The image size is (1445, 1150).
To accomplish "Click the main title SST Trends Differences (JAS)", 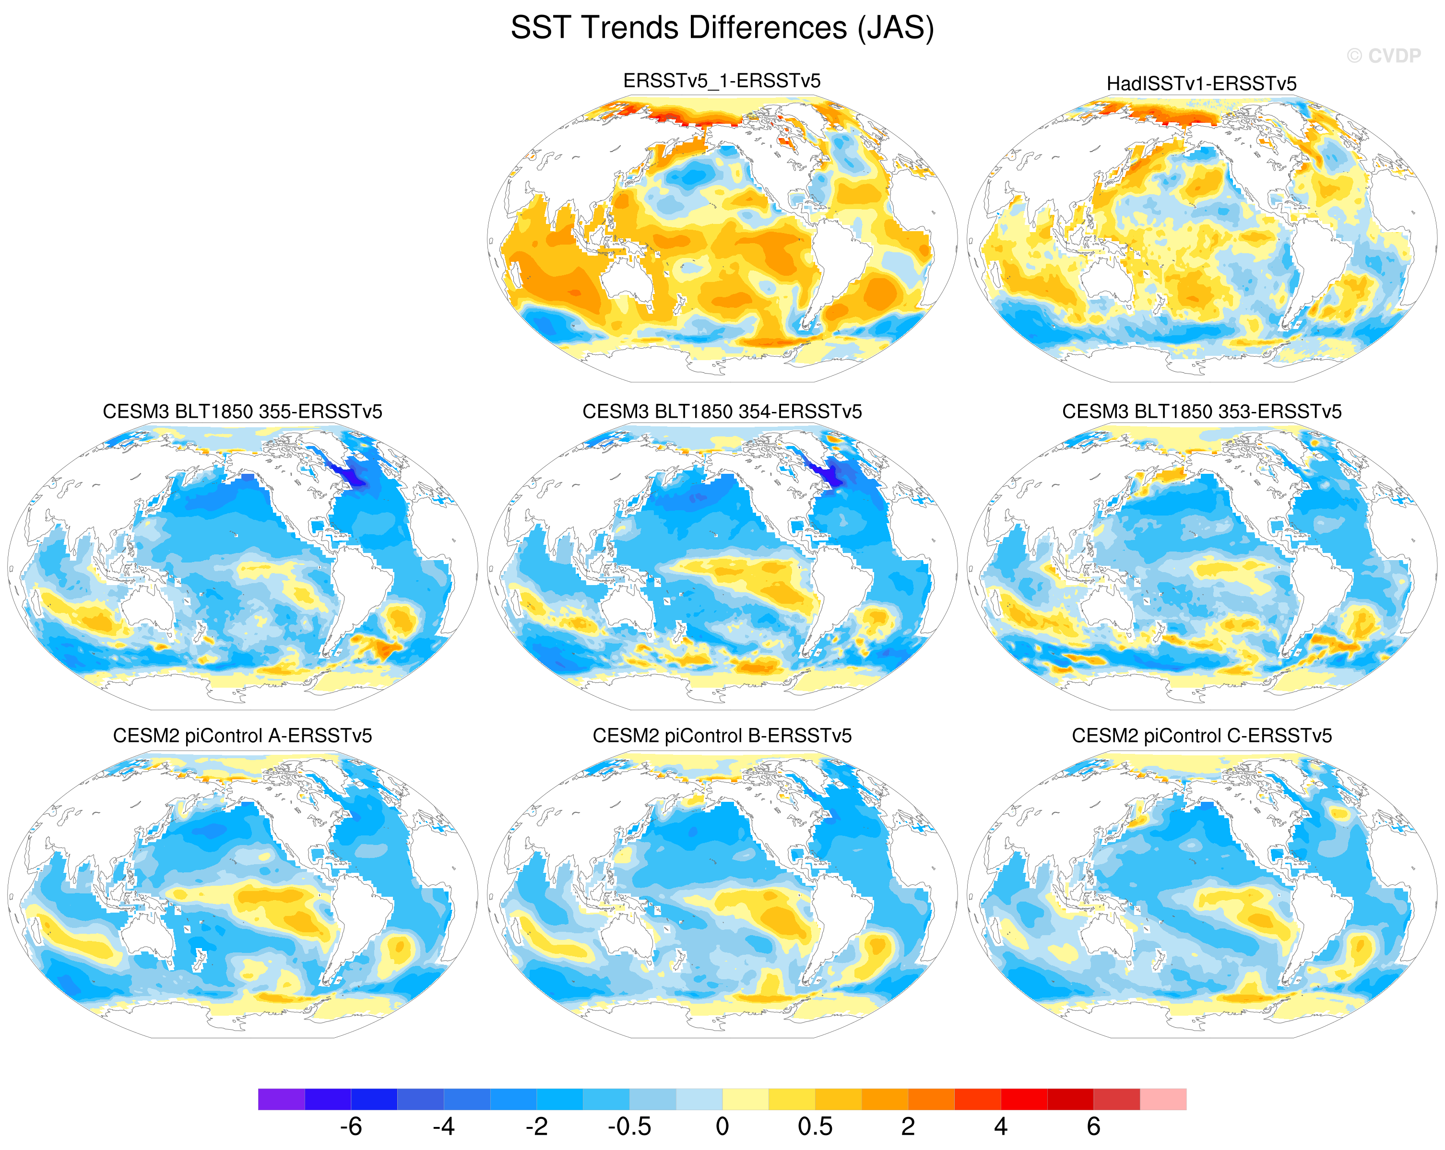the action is pyautogui.click(x=722, y=28).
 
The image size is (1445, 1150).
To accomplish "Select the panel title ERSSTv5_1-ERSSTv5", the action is pyautogui.click(x=722, y=81).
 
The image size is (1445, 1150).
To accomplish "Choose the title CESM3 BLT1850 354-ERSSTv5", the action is pyautogui.click(x=722, y=411).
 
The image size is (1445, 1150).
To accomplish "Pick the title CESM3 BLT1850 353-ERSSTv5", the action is pyautogui.click(x=1202, y=411).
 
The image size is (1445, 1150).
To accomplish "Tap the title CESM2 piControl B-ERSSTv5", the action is pyautogui.click(x=722, y=736).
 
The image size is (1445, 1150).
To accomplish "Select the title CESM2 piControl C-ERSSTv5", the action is pyautogui.click(x=1202, y=736).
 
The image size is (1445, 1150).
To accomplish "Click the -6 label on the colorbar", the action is pyautogui.click(x=351, y=1127).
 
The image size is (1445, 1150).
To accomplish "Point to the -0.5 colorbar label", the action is pyautogui.click(x=629, y=1127).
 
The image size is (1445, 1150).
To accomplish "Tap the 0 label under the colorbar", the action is pyautogui.click(x=722, y=1127).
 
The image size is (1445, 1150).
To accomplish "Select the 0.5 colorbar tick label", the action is pyautogui.click(x=815, y=1127).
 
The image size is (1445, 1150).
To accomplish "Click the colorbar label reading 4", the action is pyautogui.click(x=1001, y=1127).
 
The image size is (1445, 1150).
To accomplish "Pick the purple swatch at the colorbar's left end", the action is pyautogui.click(x=282, y=1099).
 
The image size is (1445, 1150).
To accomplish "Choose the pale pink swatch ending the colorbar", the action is pyautogui.click(x=1163, y=1099).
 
